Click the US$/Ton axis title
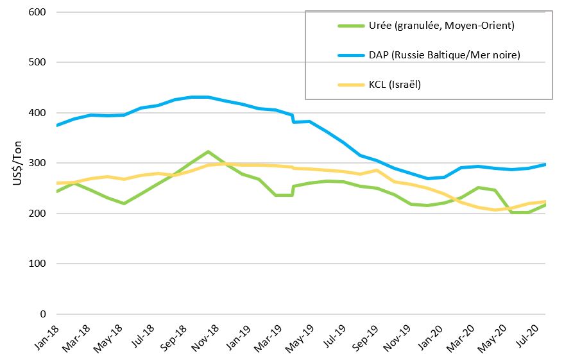[17, 164]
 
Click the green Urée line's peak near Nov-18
[208, 151]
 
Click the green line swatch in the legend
[352, 26]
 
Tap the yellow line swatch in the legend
[352, 84]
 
